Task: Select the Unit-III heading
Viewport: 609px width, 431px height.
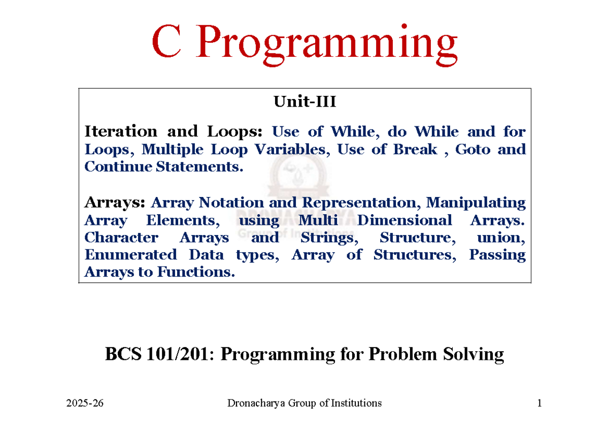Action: (x=304, y=102)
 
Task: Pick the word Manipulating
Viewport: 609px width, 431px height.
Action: (x=476, y=203)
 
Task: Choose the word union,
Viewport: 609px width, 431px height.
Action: (x=501, y=238)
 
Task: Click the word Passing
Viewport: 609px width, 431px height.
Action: (x=497, y=255)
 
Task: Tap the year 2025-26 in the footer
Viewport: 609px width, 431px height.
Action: (x=84, y=404)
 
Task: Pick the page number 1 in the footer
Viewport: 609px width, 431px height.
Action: (x=539, y=404)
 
